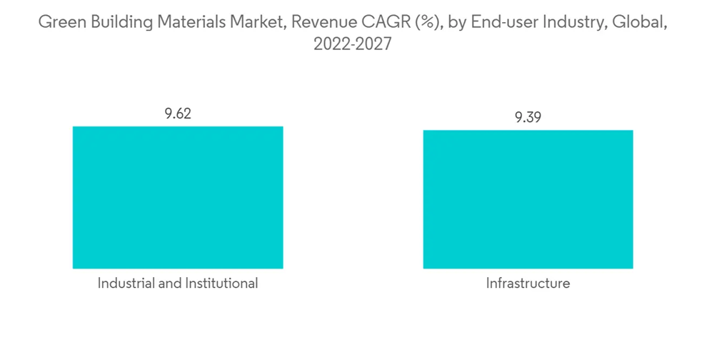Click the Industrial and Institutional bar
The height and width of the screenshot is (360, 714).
(178, 197)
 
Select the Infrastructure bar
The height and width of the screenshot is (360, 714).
(528, 199)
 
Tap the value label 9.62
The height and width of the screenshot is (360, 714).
(178, 114)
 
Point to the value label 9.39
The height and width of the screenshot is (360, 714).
(528, 118)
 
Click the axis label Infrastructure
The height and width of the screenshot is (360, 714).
(528, 284)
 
